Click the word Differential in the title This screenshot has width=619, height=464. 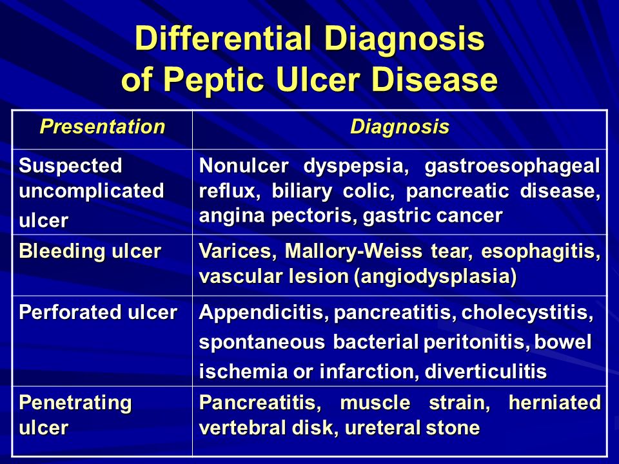click(223, 38)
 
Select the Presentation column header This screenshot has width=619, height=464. click(103, 127)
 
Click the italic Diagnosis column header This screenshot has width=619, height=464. click(400, 127)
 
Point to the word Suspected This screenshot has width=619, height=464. click(70, 166)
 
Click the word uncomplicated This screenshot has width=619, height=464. click(91, 191)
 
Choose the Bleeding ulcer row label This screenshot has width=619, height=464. click(90, 251)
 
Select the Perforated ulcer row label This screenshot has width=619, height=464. click(98, 313)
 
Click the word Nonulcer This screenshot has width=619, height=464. click(244, 166)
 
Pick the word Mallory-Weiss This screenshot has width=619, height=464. click(353, 251)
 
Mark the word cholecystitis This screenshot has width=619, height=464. click(527, 313)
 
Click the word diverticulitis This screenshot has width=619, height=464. click(486, 372)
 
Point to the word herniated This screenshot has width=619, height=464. click(555, 403)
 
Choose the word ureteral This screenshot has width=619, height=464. click(386, 428)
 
